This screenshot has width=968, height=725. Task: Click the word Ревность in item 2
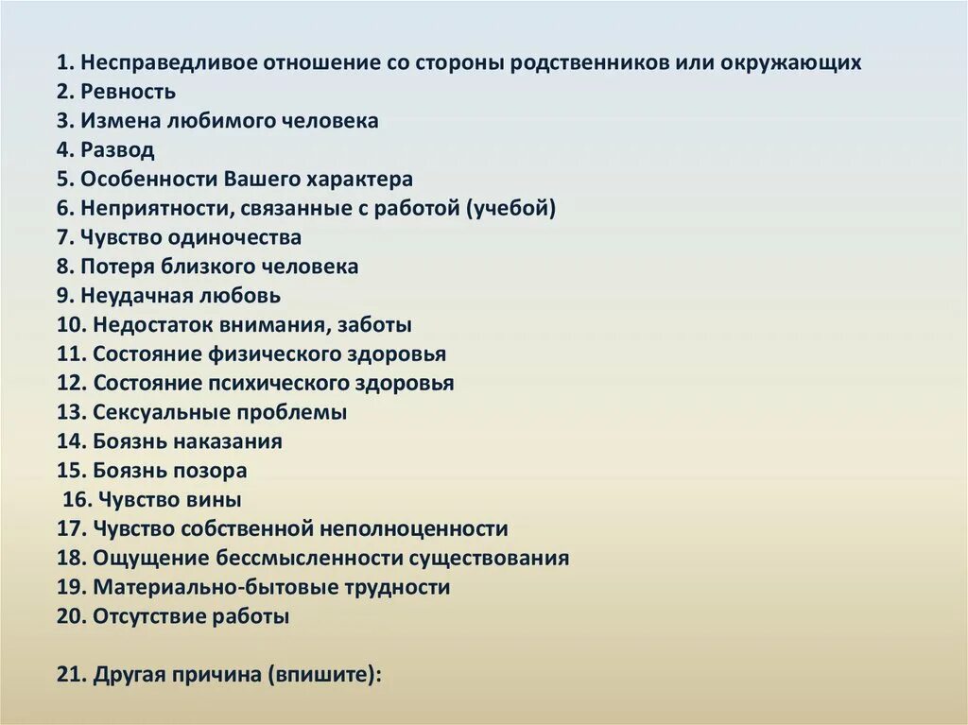coord(128,92)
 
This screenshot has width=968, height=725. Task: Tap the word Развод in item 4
coord(117,150)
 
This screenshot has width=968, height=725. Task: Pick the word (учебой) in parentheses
coord(510,209)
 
